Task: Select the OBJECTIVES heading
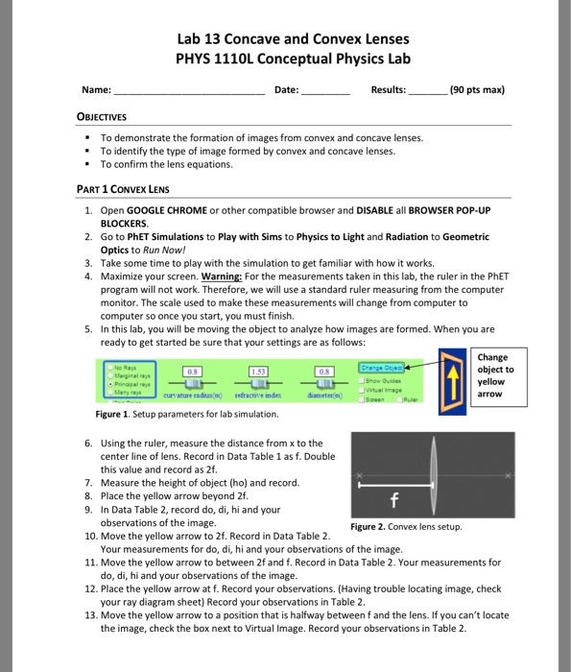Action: point(108,118)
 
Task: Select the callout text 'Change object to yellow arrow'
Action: point(495,373)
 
